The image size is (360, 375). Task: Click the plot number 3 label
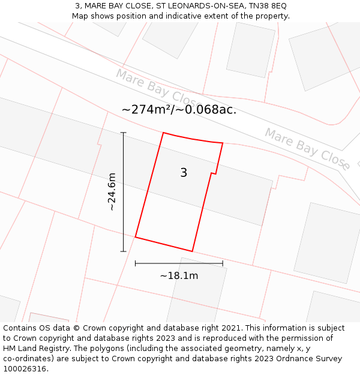[184, 173]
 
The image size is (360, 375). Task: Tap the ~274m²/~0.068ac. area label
[179, 110]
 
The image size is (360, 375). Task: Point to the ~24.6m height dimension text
[112, 192]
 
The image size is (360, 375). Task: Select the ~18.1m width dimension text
[179, 276]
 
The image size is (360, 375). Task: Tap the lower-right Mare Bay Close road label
[307, 148]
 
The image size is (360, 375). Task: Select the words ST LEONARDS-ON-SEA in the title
[197, 6]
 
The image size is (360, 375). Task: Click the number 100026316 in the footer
[24, 369]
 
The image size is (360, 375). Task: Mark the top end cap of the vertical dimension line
[123, 133]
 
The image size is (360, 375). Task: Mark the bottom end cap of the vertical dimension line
[123, 251]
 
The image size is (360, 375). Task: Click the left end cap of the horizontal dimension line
[136, 263]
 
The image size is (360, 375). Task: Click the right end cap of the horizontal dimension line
[223, 263]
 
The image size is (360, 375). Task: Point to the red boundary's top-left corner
[163, 133]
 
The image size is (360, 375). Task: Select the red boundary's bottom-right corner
[192, 251]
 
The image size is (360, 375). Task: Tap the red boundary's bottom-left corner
[136, 237]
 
